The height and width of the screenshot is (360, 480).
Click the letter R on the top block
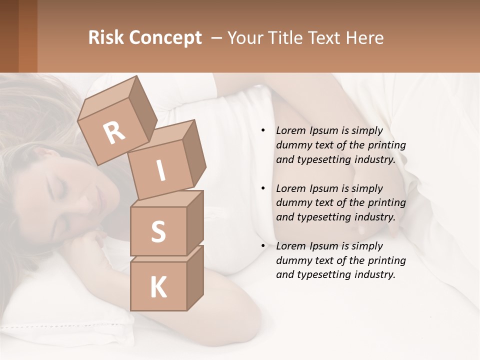(x=114, y=132)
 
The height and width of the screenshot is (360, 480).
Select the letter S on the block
(x=158, y=231)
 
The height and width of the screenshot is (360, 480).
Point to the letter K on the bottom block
(x=158, y=287)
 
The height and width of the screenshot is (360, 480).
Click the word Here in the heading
(x=364, y=38)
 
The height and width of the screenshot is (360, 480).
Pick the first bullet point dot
(x=263, y=131)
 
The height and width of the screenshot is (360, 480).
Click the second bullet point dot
(x=263, y=189)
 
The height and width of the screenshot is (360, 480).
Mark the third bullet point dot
(x=263, y=246)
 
